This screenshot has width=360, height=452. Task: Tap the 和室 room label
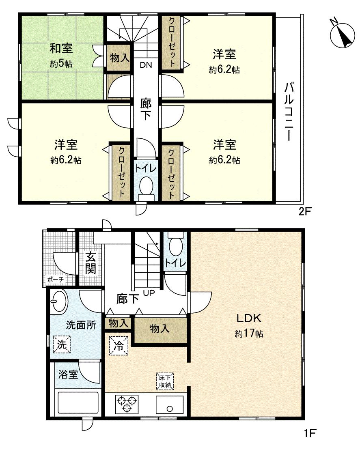(61, 48)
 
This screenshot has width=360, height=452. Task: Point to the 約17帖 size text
(249, 334)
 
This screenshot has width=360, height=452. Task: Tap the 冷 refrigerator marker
(119, 346)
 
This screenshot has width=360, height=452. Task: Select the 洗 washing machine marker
(61, 344)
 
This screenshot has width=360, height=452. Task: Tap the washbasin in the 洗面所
(60, 302)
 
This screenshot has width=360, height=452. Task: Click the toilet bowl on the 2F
(146, 188)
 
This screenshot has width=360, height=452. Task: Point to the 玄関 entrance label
(91, 263)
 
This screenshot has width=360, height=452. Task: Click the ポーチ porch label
(55, 280)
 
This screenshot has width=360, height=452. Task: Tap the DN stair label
(145, 65)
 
